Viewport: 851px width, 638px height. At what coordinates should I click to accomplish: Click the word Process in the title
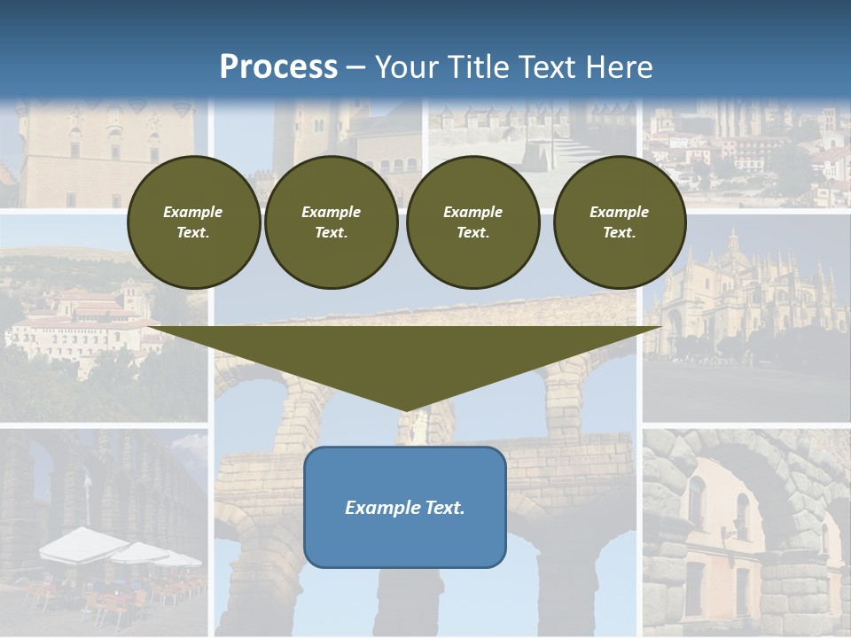tap(278, 67)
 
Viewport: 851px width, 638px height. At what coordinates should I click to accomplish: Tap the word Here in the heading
tap(621, 67)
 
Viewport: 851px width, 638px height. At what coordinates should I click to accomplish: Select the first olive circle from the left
tap(193, 222)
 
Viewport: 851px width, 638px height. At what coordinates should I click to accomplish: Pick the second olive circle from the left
tap(331, 222)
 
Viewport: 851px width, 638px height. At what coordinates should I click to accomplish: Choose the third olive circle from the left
tap(472, 222)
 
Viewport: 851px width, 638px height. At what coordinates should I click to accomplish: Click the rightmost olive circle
tap(619, 222)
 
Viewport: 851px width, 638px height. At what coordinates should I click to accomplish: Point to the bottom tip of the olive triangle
tap(406, 409)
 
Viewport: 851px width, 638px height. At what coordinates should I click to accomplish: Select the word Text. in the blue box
tap(444, 508)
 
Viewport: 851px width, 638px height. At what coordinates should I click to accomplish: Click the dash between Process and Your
tap(356, 67)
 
